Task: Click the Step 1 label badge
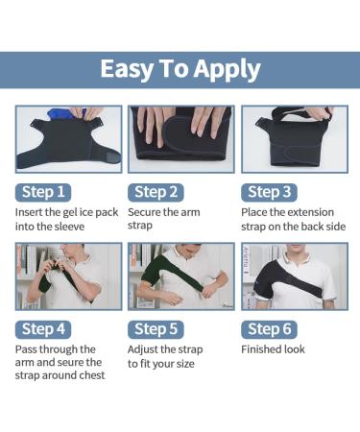42,191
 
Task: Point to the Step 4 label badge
42,329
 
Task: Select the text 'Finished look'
273,349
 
